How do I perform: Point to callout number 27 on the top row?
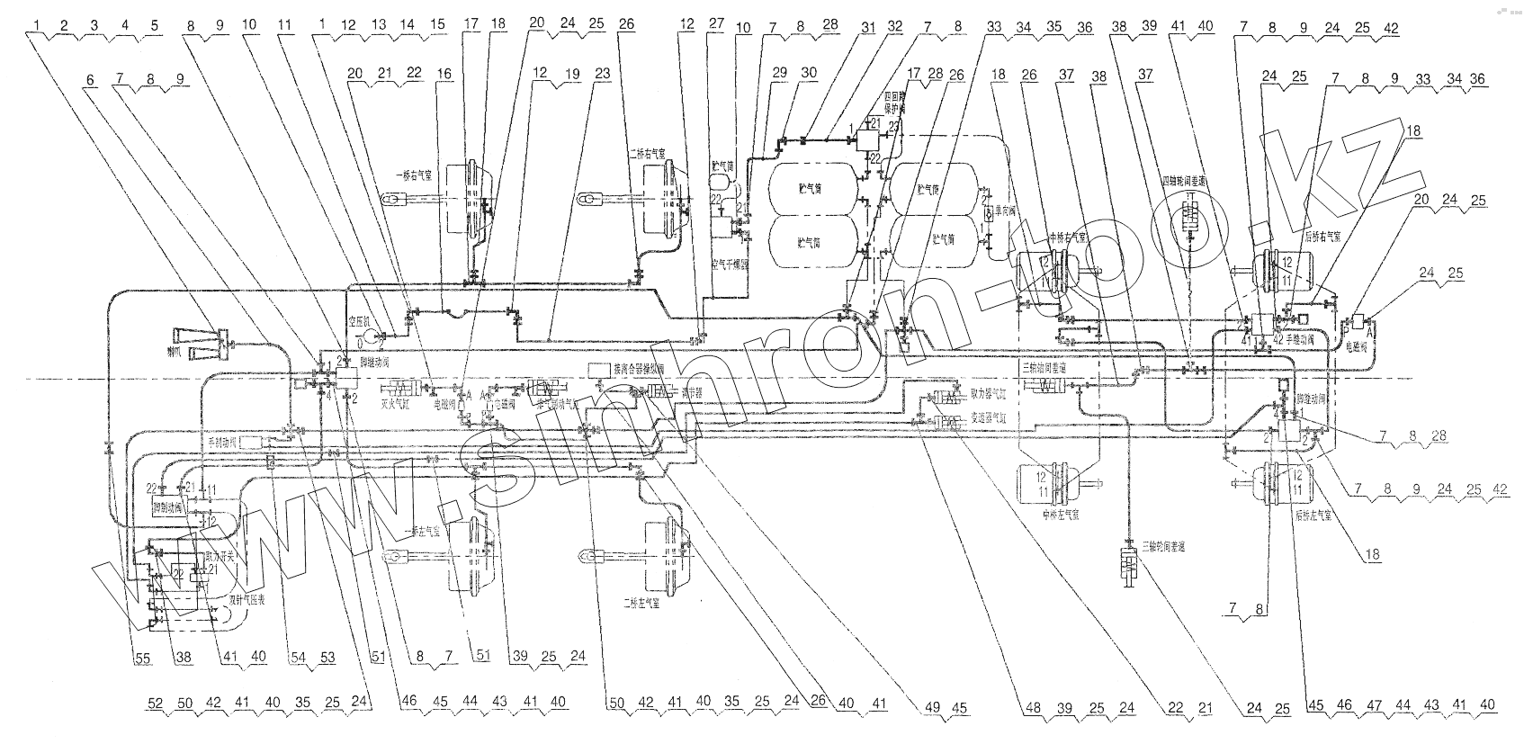pyautogui.click(x=716, y=26)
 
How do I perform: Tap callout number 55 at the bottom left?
pyautogui.click(x=144, y=659)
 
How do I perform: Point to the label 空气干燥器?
pyautogui.click(x=731, y=265)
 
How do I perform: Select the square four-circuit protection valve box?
pyautogui.click(x=869, y=140)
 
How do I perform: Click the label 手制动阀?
pyautogui.click(x=220, y=443)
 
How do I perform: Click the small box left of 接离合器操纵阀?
pyautogui.click(x=598, y=369)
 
